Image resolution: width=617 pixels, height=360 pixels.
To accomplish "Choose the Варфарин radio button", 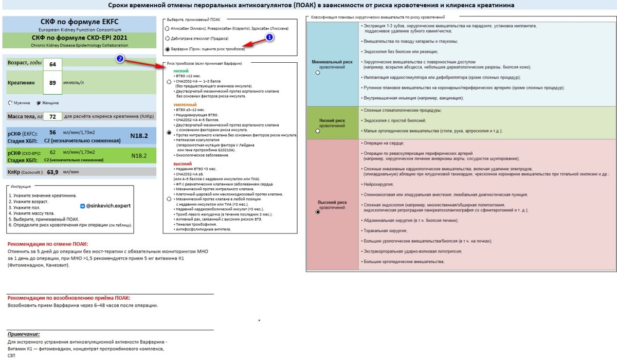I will (x=168, y=49).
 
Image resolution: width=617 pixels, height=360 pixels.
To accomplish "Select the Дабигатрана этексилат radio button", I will (x=168, y=39).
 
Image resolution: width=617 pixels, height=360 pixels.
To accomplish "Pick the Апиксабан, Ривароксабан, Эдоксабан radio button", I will (x=168, y=28).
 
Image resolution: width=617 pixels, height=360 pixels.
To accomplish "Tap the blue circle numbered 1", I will (x=270, y=38).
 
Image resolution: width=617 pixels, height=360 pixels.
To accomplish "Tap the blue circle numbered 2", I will (x=120, y=59).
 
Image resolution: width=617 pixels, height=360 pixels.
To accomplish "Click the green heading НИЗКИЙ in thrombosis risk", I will (x=181, y=70).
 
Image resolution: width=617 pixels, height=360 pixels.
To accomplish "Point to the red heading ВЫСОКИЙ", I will (x=183, y=164).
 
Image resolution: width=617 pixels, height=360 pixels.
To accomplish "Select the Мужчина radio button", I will (x=10, y=102).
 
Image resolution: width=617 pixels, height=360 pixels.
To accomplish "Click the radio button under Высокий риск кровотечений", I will (x=318, y=212).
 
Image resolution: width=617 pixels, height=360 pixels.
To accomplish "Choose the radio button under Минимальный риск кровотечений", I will (x=318, y=73).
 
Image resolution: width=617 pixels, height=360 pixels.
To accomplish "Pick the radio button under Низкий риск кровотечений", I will (x=318, y=131).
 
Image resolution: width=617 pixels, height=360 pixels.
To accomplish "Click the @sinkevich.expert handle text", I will (x=108, y=205).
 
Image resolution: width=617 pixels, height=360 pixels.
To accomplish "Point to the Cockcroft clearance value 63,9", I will (x=52, y=172).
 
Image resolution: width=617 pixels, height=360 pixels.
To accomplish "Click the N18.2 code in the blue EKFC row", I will (x=139, y=136).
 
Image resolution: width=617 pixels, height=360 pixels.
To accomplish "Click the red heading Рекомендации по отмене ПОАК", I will (x=48, y=244).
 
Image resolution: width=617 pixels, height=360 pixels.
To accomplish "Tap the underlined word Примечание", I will (x=24, y=334).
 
